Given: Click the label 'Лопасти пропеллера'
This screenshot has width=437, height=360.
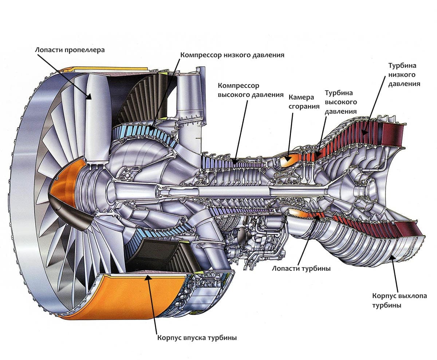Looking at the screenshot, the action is pos(70,50).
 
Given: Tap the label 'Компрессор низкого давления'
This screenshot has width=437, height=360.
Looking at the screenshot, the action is pos(232,55).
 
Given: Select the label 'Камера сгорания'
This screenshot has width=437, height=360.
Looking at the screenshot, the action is pos(304,102).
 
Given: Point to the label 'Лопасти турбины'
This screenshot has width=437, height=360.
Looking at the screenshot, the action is pos(301,269).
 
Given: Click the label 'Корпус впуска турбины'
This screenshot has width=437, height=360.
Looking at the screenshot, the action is pos(197,338).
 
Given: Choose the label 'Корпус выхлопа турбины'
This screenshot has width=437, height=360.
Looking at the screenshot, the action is pos(399,301).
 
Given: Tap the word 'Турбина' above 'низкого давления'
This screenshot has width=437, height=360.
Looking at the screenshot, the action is pos(402,66).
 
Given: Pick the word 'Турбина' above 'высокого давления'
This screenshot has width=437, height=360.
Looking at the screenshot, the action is pos(339,93).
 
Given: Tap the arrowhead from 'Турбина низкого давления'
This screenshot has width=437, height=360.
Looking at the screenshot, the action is pos(365,132).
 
